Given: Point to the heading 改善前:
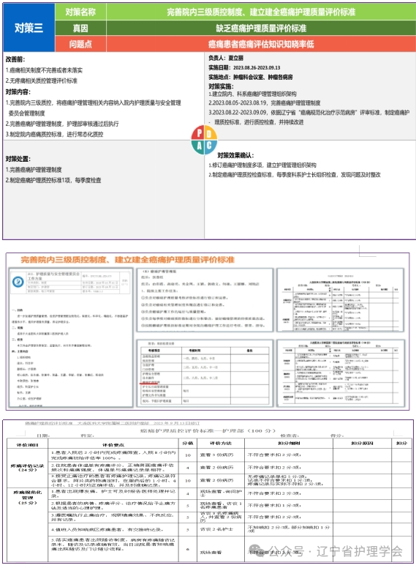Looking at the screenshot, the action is pyautogui.click(x=15, y=58).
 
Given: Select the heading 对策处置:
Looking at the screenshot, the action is pyautogui.click(x=19, y=158).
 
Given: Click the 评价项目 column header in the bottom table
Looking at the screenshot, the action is pyautogui.click(x=26, y=444).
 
